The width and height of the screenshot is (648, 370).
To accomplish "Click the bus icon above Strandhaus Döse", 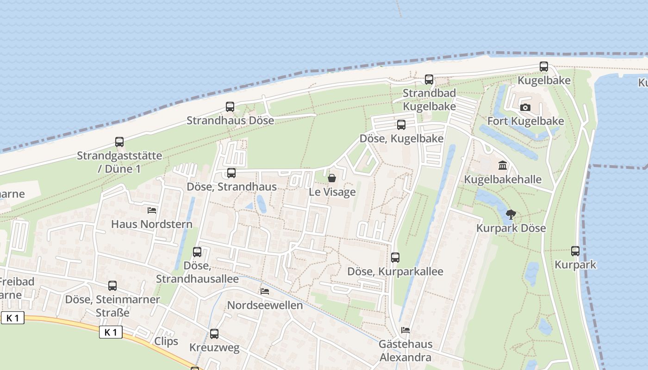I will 230,107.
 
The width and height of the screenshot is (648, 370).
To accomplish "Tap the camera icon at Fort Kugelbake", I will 525,108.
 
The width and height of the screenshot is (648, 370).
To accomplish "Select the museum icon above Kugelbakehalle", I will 503,166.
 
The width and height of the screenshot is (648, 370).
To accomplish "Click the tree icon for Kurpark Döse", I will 511,215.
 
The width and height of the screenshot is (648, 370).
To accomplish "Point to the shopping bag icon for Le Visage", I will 332,178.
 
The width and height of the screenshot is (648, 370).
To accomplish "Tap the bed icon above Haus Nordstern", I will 152,211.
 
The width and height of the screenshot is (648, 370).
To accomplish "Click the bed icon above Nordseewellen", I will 265,291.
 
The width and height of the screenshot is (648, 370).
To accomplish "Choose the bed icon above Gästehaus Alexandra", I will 405,330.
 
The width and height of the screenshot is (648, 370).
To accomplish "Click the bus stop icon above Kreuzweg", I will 214,334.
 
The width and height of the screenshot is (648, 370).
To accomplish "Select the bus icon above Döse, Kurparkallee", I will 395,258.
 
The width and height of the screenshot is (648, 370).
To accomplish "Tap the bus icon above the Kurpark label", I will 575,251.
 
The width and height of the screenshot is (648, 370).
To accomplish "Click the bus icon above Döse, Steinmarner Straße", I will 112,286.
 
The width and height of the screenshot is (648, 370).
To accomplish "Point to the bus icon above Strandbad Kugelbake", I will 429,80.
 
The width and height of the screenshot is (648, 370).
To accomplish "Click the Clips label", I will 166,341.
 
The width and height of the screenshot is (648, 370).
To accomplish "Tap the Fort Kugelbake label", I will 526,121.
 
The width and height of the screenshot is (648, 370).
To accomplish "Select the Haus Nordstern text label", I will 152,225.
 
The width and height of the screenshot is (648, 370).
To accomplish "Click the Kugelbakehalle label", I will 503,179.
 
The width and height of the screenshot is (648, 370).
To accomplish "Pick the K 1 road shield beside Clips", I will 111,332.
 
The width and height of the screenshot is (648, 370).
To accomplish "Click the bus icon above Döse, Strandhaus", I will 231,173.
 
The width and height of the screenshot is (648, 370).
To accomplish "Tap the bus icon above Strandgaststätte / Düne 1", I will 119,142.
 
